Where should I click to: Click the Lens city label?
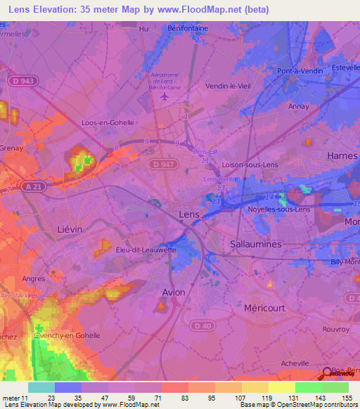coord(189,214)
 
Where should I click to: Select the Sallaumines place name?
coord(256,243)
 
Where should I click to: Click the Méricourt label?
coord(262,308)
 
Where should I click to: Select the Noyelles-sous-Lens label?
coord(279,209)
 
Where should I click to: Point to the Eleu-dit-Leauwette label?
coord(146,249)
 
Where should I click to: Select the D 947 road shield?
coord(160,164)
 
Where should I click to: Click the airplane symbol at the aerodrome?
coord(165,96)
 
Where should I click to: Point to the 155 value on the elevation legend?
coord(347,397)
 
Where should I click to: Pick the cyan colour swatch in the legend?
coord(41,387)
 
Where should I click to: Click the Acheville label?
coord(295,363)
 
